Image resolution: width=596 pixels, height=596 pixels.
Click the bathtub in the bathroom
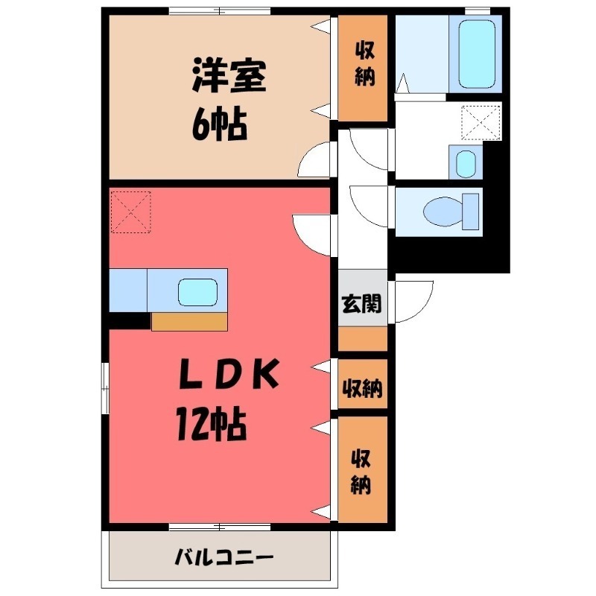pyautogui.click(x=477, y=54)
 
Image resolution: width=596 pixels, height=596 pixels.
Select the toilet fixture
pyautogui.click(x=451, y=212)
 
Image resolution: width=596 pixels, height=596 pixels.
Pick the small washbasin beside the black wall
pyautogui.click(x=465, y=162)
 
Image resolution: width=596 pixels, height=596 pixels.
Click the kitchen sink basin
pyautogui.click(x=198, y=291)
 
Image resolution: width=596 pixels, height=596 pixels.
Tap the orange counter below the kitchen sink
pyautogui.click(x=189, y=321)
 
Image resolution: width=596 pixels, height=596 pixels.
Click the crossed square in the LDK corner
pyautogui.click(x=130, y=211)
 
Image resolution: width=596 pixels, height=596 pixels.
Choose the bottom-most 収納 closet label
pyautogui.click(x=363, y=472)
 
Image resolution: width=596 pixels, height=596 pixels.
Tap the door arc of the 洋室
pyautogui.click(x=316, y=157)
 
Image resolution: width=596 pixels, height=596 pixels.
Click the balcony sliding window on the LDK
pyautogui.click(x=219, y=527)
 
